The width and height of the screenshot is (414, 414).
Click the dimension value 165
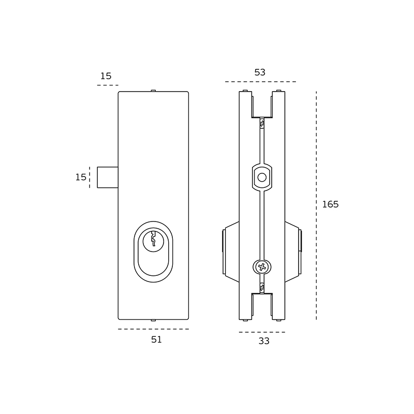click(x=330, y=204)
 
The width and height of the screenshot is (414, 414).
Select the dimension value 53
click(x=260, y=72)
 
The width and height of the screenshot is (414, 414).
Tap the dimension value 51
click(x=156, y=339)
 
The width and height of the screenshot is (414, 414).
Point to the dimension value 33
click(x=264, y=341)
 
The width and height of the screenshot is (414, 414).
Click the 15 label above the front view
click(x=106, y=76)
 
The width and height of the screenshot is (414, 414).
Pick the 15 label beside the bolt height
click(x=81, y=177)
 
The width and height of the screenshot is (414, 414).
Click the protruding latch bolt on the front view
click(x=108, y=178)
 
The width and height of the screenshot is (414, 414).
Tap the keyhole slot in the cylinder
click(x=153, y=239)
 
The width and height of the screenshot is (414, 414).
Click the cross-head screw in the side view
click(x=262, y=267)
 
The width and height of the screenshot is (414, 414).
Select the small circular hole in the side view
click(x=262, y=178)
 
